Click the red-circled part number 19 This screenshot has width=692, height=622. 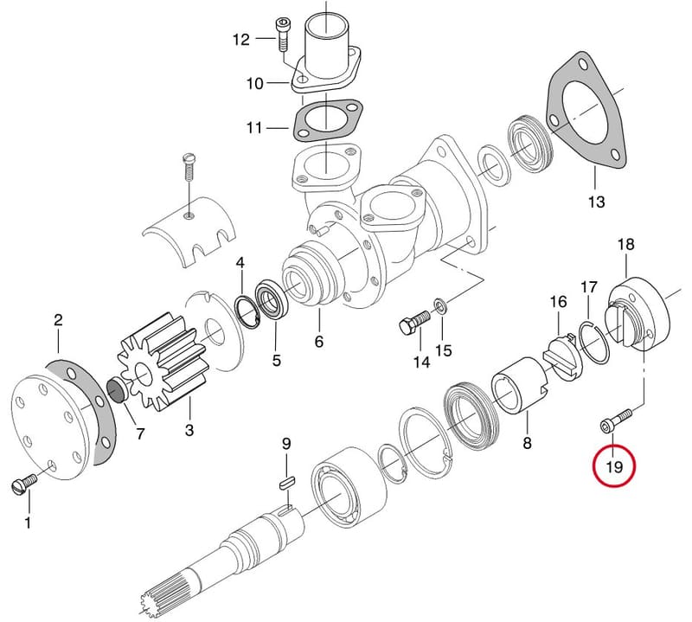pos(614,466)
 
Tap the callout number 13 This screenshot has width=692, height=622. pos(596,202)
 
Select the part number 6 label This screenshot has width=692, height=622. pos(319,341)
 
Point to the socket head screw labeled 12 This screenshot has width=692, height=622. pos(282,35)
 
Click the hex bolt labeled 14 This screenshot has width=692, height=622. pos(414,324)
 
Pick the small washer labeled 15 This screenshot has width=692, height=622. pos(440,305)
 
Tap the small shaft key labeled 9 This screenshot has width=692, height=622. pos(288,483)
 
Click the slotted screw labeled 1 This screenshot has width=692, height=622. pos(23,484)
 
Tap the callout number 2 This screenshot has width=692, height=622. pos(58,319)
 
